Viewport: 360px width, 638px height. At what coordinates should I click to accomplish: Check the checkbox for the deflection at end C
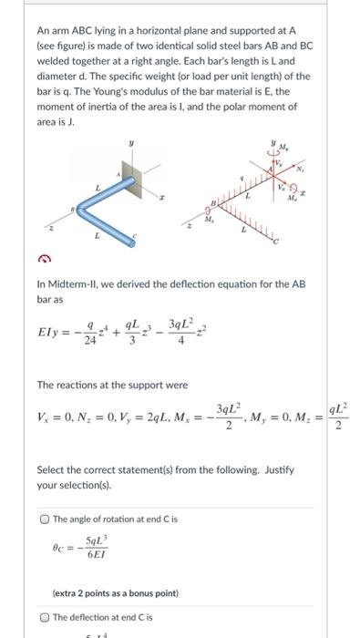pyautogui.click(x=45, y=616)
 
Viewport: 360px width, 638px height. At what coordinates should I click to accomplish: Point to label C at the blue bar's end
pyautogui.click(x=134, y=235)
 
